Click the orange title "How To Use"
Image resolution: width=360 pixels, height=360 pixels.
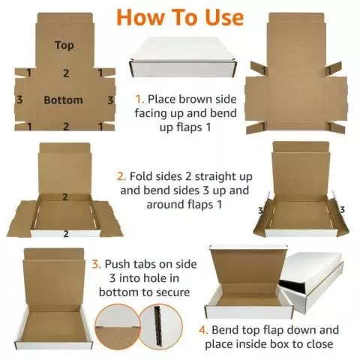(x=179, y=17)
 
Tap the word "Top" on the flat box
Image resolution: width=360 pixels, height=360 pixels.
(x=64, y=45)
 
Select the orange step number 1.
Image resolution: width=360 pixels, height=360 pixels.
(x=139, y=99)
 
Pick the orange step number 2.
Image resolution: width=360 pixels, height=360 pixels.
(x=121, y=176)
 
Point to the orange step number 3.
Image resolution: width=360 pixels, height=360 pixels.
(x=95, y=264)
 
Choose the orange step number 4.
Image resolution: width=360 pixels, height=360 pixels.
(x=202, y=330)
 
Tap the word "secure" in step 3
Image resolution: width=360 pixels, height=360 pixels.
(x=169, y=292)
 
